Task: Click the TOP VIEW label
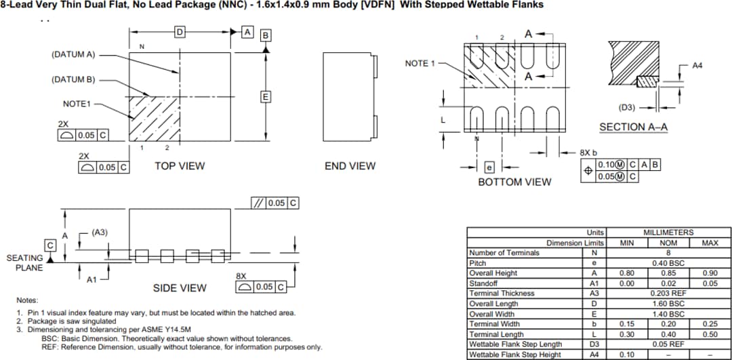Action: (x=180, y=165)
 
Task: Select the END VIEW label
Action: (x=350, y=165)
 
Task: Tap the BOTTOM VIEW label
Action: (x=514, y=182)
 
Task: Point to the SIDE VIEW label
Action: (x=180, y=288)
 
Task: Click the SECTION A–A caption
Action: (x=633, y=127)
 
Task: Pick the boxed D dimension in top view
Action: (x=180, y=32)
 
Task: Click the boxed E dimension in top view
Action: (x=266, y=96)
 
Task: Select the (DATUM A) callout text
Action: (x=73, y=54)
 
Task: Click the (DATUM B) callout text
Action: (x=73, y=79)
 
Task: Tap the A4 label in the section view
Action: (x=697, y=65)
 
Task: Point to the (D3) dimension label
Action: (x=627, y=107)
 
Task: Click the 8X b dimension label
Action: (x=589, y=153)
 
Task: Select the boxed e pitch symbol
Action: (x=491, y=167)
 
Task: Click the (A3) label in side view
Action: (x=100, y=233)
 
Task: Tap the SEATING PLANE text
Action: (x=25, y=262)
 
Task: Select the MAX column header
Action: (x=710, y=243)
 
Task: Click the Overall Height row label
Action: (x=493, y=273)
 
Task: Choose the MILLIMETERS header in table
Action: (x=668, y=233)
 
